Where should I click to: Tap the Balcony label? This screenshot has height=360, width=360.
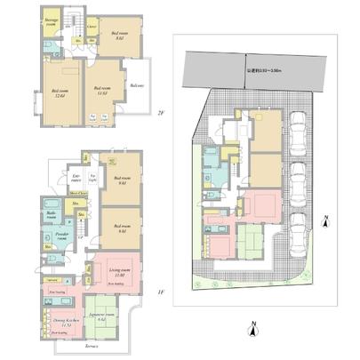[136, 85]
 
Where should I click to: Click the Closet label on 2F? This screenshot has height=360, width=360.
[92, 28]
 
